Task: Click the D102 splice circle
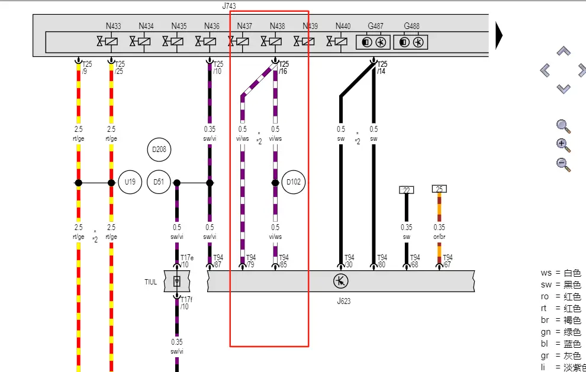294,182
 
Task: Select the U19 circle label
130,182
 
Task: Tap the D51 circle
158,182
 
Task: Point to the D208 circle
159,150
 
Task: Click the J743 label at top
229,6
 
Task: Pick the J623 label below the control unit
343,301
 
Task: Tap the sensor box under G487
374,42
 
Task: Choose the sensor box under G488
411,42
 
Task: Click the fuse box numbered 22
406,190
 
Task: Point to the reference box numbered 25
439,189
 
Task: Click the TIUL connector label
151,282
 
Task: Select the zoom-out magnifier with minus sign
564,164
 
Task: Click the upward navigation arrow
564,51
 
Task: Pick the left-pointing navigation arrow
545,70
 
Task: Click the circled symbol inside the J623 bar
340,281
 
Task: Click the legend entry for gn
561,332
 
